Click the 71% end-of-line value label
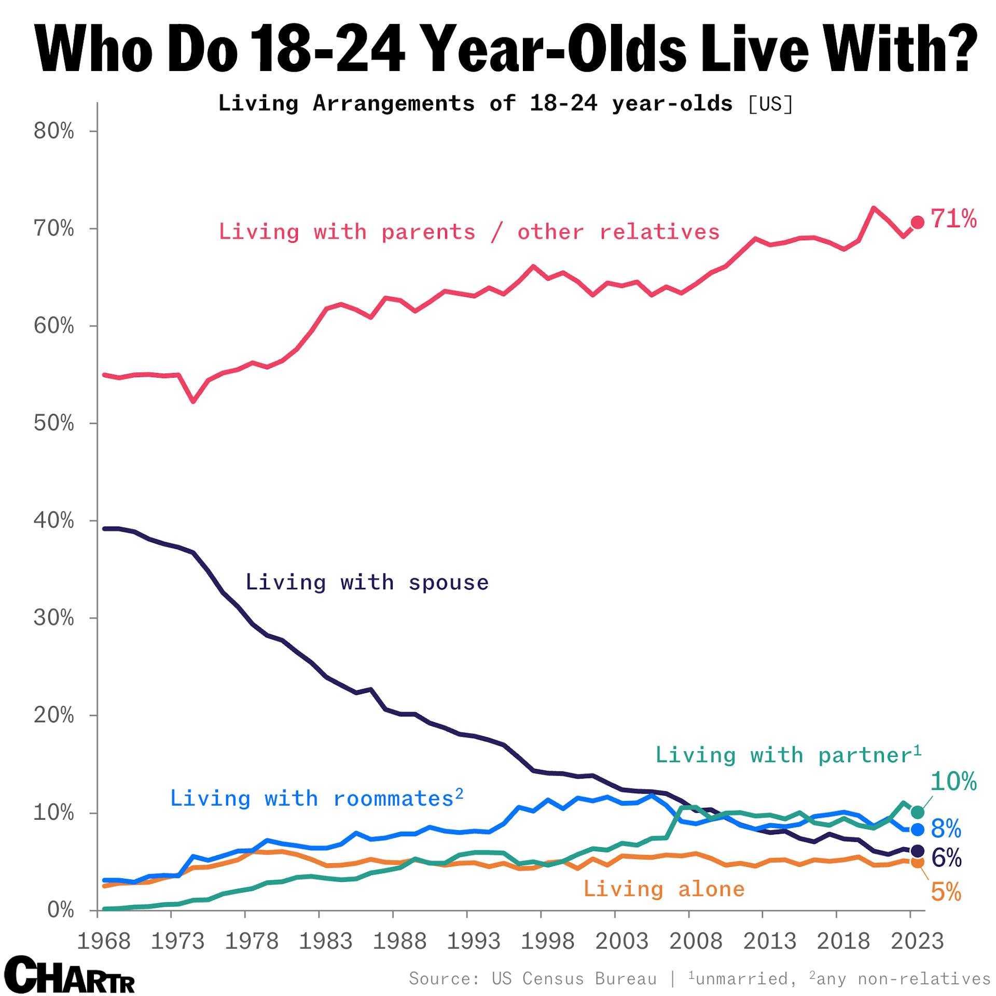(953, 219)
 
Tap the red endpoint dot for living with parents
(917, 223)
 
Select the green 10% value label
(953, 781)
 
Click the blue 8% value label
(946, 829)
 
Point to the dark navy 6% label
(946, 858)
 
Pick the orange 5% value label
(946, 892)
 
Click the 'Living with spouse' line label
(367, 582)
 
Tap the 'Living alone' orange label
(664, 889)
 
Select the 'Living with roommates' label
(316, 798)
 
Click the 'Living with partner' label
(788, 755)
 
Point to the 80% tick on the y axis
(54, 131)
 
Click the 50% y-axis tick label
(54, 423)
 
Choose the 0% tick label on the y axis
(60, 910)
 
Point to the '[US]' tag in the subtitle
(770, 104)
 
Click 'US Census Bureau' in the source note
(574, 978)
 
